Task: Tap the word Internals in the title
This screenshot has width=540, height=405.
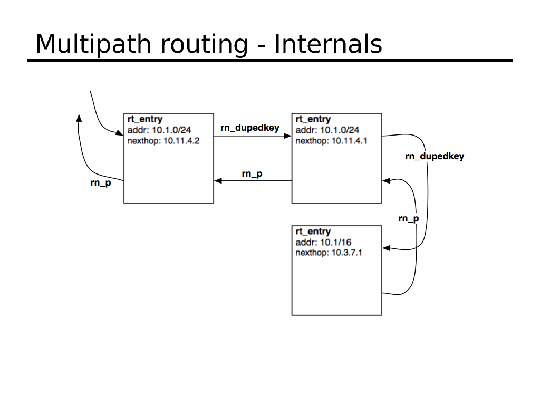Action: (x=327, y=44)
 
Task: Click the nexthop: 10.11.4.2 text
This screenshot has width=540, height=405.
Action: (x=163, y=141)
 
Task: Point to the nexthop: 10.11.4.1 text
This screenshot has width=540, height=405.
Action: (x=331, y=141)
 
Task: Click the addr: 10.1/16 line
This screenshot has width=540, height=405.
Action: (x=323, y=243)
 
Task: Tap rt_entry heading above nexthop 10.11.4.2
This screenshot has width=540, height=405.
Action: (x=145, y=119)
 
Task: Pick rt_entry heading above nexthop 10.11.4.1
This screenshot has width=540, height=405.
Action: (x=313, y=119)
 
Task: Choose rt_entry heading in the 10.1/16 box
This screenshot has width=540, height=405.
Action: (x=313, y=232)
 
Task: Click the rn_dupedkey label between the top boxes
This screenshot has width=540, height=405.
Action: (x=250, y=128)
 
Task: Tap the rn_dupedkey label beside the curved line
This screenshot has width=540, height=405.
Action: (x=435, y=156)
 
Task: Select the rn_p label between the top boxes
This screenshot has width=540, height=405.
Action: (x=252, y=173)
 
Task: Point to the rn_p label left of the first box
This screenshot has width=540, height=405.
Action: (x=101, y=184)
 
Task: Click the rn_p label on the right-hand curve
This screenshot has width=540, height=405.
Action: (x=409, y=218)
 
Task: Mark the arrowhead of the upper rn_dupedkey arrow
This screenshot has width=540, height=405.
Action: (x=288, y=136)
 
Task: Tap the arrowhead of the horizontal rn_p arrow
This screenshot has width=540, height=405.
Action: (x=218, y=181)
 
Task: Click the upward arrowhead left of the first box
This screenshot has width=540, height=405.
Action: (x=79, y=119)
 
